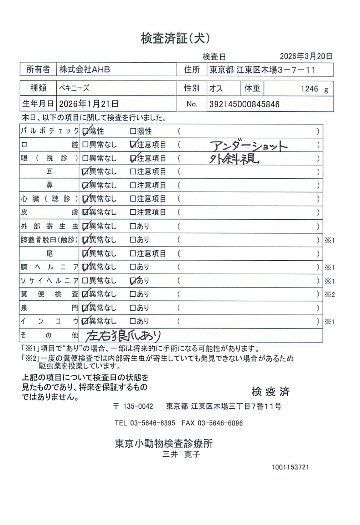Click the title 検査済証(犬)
[175, 38]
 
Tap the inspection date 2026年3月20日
[306, 56]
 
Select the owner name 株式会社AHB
[84, 70]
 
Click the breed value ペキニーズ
[74, 88]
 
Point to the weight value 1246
[309, 89]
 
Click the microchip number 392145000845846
[244, 105]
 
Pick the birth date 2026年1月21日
[89, 104]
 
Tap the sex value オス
[216, 88]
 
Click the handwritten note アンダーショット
[248, 146]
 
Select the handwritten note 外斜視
[234, 159]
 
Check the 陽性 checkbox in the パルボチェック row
[133, 131]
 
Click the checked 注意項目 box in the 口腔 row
[133, 145]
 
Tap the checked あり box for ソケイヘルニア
[133, 281]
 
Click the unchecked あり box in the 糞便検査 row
[133, 294]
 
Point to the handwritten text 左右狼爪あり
[123, 336]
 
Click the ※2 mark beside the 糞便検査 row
[329, 295]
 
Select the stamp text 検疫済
[271, 392]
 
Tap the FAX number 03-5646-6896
[220, 423]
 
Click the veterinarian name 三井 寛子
[181, 454]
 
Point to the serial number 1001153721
[290, 467]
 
